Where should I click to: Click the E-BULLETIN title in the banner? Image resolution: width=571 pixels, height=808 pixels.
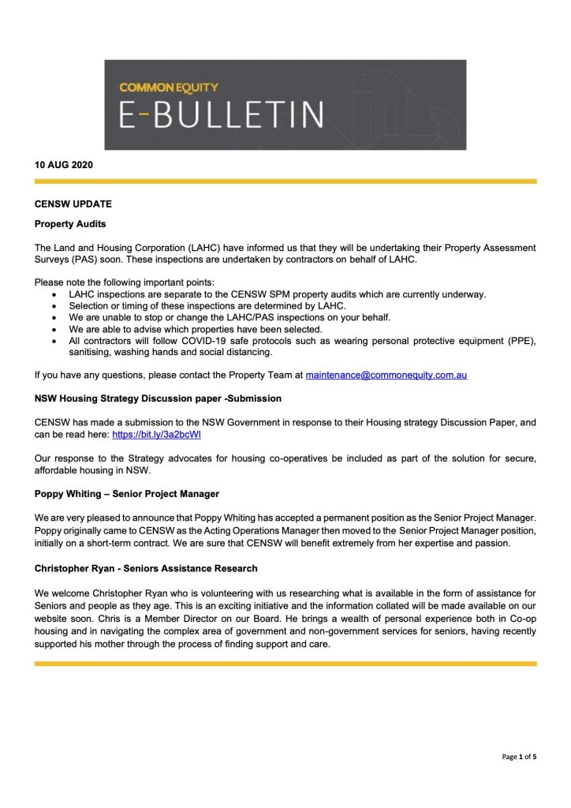(x=222, y=114)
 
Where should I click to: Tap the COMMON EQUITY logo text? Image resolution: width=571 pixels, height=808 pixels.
(x=169, y=87)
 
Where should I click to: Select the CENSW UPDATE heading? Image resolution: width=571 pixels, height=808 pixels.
(x=73, y=204)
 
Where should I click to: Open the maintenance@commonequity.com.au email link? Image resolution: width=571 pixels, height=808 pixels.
(x=386, y=375)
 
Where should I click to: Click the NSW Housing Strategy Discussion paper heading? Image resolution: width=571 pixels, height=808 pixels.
(x=158, y=398)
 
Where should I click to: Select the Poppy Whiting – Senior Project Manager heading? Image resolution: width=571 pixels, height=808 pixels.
(x=127, y=494)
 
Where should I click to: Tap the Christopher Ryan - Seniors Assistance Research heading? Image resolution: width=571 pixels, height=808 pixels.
(x=146, y=567)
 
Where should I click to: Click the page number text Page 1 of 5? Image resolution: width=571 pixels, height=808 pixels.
(x=519, y=757)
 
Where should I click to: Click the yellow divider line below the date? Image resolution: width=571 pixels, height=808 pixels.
(x=285, y=181)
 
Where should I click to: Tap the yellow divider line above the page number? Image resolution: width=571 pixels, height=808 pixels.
(x=285, y=664)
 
